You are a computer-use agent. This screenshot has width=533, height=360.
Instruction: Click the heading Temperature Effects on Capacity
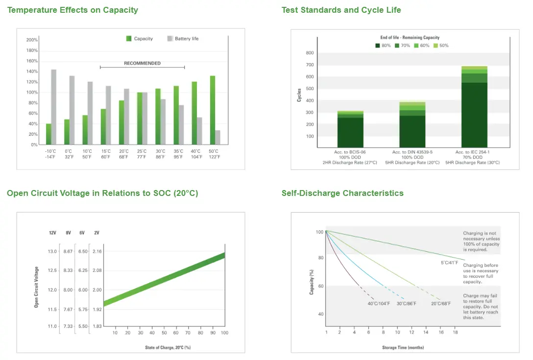tap(73, 10)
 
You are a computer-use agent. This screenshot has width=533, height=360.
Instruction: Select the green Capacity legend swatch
tap(129, 38)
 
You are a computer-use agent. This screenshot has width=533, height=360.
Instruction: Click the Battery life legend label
tap(187, 39)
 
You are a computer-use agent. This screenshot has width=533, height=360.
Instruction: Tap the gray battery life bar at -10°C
tap(54, 107)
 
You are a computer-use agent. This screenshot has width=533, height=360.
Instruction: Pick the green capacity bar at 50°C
tap(213, 110)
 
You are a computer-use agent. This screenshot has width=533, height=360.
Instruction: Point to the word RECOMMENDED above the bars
tap(142, 63)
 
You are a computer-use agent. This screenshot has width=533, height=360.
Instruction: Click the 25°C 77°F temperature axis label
tap(142, 154)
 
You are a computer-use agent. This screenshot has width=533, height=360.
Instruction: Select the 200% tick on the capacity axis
tap(32, 40)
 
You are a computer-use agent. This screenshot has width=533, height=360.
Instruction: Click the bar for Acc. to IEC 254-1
tap(474, 107)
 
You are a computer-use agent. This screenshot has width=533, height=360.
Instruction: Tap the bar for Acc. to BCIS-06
tap(350, 129)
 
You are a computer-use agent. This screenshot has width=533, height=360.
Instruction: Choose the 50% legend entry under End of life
tap(441, 46)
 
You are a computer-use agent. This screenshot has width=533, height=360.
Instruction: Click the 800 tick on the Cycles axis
tap(310, 53)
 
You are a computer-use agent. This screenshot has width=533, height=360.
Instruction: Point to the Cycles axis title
tap(299, 95)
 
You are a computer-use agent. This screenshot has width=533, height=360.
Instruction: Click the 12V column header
tap(52, 233)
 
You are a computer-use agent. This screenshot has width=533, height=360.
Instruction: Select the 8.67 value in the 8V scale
tap(68, 252)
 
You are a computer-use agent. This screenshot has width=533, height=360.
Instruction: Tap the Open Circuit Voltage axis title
tap(36, 287)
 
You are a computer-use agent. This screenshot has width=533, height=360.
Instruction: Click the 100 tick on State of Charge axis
tap(225, 333)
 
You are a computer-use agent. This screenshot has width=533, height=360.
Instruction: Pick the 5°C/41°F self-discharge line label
tap(449, 263)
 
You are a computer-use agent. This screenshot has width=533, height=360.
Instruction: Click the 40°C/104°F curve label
tap(379, 304)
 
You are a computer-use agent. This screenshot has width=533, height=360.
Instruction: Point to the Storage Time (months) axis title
tap(403, 347)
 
